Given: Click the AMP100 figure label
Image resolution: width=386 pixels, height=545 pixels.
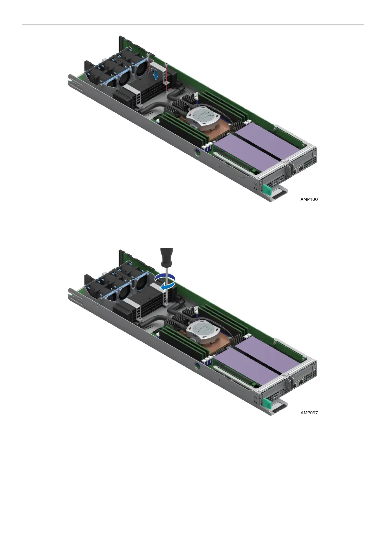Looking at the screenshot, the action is coord(309,199).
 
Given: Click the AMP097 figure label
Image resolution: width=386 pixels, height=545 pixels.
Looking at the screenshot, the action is coord(309,413).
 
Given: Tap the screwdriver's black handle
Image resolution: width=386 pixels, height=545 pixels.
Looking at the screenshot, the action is coord(167,257).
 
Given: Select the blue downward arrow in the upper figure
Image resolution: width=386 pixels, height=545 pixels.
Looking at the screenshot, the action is coord(156,74).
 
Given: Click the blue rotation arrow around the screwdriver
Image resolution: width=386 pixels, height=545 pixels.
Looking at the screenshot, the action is coord(166,282).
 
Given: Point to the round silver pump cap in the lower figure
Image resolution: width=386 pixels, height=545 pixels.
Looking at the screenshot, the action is coord(203,331).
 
